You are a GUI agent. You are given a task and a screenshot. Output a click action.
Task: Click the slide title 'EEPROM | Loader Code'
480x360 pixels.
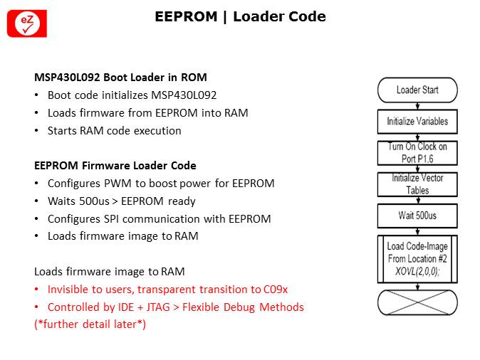coord(240,16)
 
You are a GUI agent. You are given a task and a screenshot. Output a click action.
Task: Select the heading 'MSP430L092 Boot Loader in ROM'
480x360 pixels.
coord(120,77)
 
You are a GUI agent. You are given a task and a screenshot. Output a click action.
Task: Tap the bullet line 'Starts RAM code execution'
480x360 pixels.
coord(114,130)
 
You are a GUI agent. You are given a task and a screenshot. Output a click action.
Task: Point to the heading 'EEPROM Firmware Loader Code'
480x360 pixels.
coord(115,166)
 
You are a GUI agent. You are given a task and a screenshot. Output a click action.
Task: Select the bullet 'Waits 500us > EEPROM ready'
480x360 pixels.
coord(121,201)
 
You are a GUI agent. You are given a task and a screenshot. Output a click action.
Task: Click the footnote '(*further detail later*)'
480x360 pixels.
coord(90,324)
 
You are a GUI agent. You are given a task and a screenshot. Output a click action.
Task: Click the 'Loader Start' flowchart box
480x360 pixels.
coord(417,90)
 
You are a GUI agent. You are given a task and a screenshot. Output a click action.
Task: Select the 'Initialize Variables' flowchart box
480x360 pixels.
coord(417,122)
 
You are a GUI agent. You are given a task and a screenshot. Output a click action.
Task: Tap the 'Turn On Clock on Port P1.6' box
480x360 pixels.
coord(417,152)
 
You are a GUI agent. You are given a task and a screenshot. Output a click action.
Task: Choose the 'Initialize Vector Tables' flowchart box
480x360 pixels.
coord(417,184)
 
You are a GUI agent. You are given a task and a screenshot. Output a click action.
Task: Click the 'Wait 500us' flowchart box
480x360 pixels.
coord(417,215)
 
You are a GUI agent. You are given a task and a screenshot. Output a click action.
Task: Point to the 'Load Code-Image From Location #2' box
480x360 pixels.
coord(417,253)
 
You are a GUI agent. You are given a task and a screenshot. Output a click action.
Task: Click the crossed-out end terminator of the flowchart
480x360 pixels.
coord(417,302)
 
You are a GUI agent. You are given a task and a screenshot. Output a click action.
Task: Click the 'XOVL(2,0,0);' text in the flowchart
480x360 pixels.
coord(417,272)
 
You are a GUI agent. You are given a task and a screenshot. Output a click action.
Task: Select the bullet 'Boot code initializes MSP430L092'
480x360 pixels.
coord(132,95)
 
